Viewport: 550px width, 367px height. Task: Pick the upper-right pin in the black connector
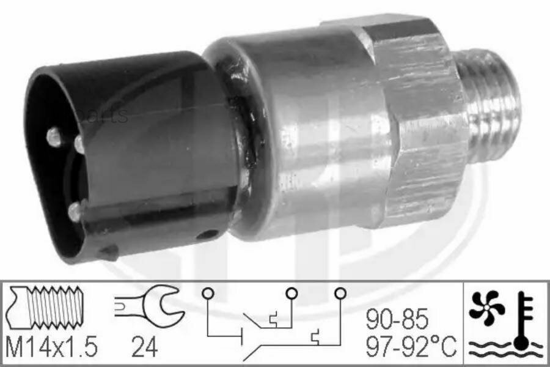point(79,144)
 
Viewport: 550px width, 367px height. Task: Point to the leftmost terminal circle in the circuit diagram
point(208,293)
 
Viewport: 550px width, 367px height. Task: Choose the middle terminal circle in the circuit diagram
point(291,293)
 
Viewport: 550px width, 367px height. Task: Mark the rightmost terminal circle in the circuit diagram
point(339,293)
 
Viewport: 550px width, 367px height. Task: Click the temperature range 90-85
point(397,319)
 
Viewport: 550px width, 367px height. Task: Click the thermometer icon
point(522,321)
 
